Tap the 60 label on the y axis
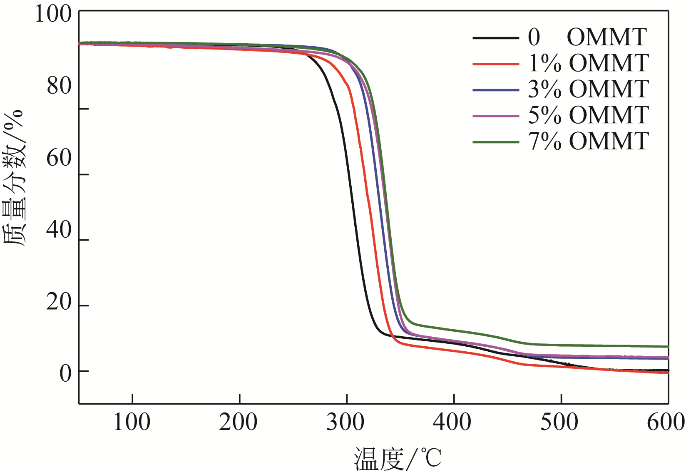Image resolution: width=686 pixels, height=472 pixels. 59,158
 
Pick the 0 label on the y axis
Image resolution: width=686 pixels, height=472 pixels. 65,373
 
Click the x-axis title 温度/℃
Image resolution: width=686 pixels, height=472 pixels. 398,458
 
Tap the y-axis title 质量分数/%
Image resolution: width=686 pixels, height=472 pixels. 14,178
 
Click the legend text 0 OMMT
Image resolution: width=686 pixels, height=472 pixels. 587,37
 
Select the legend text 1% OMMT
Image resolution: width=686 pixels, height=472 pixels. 588,63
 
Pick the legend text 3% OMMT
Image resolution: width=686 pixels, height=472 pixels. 588,89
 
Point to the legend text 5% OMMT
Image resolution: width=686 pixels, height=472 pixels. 588,115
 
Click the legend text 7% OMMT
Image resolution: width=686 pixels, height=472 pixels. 588,142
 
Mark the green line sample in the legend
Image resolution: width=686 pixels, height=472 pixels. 496,142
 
